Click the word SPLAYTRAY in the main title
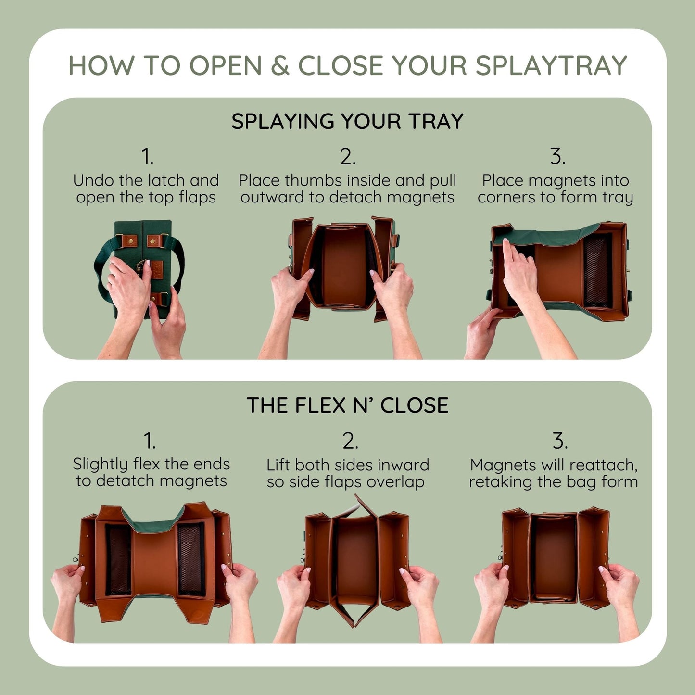[x=551, y=65]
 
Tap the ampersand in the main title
[x=279, y=65]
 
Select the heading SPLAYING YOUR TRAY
[x=347, y=121]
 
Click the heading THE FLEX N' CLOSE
[x=347, y=405]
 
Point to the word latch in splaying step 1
[x=166, y=180]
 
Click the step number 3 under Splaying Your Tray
[x=557, y=157]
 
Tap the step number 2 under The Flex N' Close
[x=350, y=441]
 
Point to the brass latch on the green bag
[x=143, y=266]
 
